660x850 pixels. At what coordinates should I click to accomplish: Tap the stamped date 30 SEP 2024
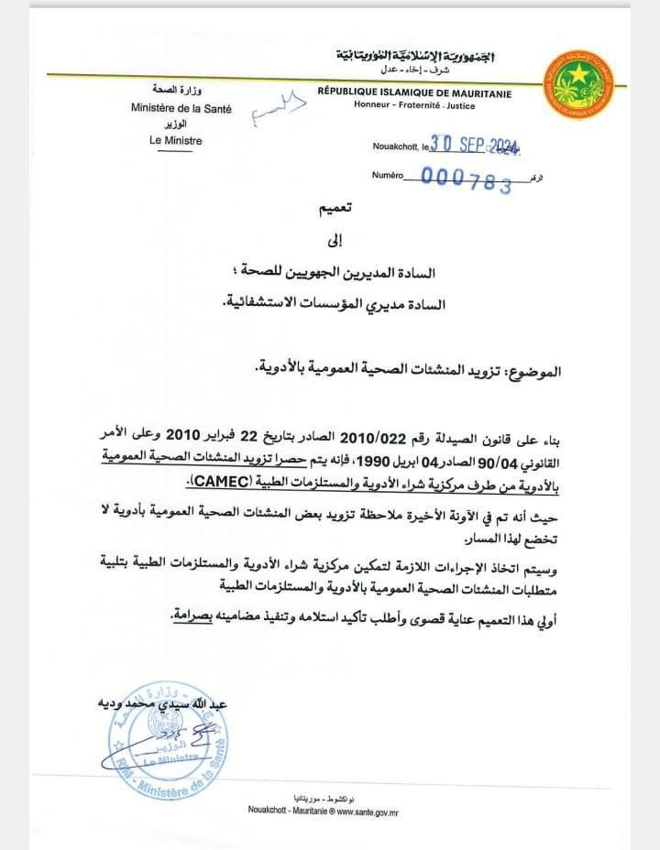click(469, 144)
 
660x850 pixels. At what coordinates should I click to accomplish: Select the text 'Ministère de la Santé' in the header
click(181, 108)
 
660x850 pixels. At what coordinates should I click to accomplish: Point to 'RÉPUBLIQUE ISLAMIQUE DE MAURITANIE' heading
click(414, 93)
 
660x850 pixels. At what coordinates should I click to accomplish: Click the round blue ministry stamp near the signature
click(170, 743)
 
